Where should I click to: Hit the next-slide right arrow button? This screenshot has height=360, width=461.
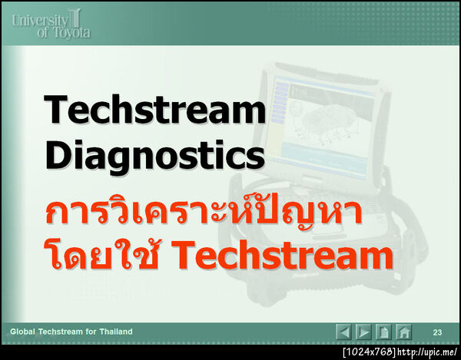363,332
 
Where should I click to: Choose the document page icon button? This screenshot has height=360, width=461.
383,332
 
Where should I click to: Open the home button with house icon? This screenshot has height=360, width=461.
403,332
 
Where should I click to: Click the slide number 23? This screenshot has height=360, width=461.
437,332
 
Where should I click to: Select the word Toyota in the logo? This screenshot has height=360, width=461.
69,32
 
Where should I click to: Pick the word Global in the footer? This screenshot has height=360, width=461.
23,332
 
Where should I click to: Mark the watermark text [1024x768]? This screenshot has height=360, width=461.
369,352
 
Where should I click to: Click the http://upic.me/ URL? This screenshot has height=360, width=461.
426,352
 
